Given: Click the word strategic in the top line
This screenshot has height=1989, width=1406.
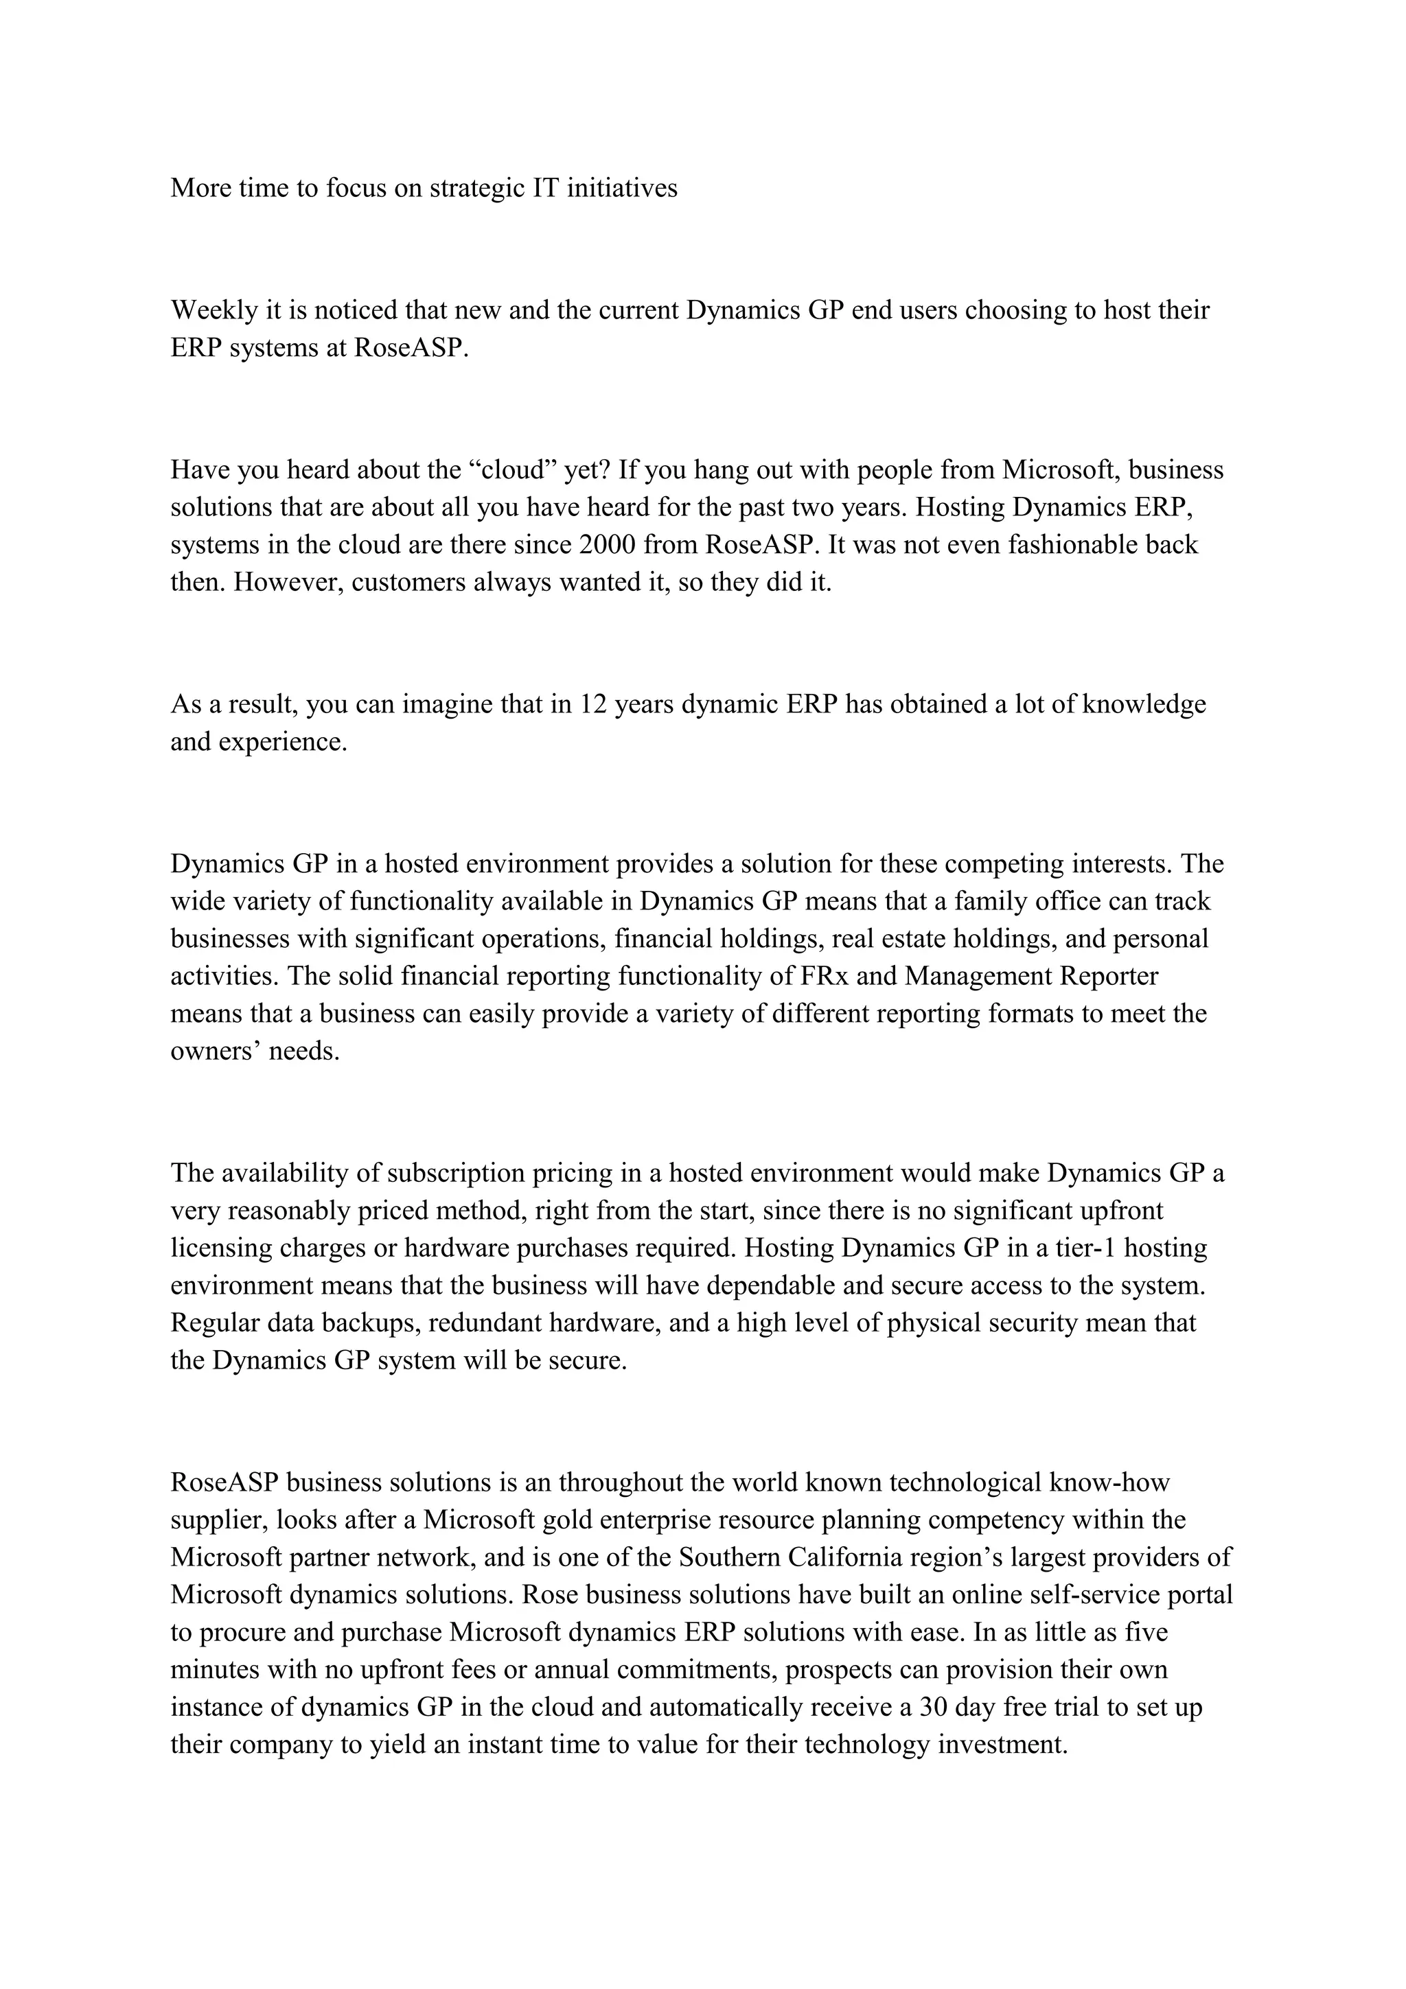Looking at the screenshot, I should [476, 188].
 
